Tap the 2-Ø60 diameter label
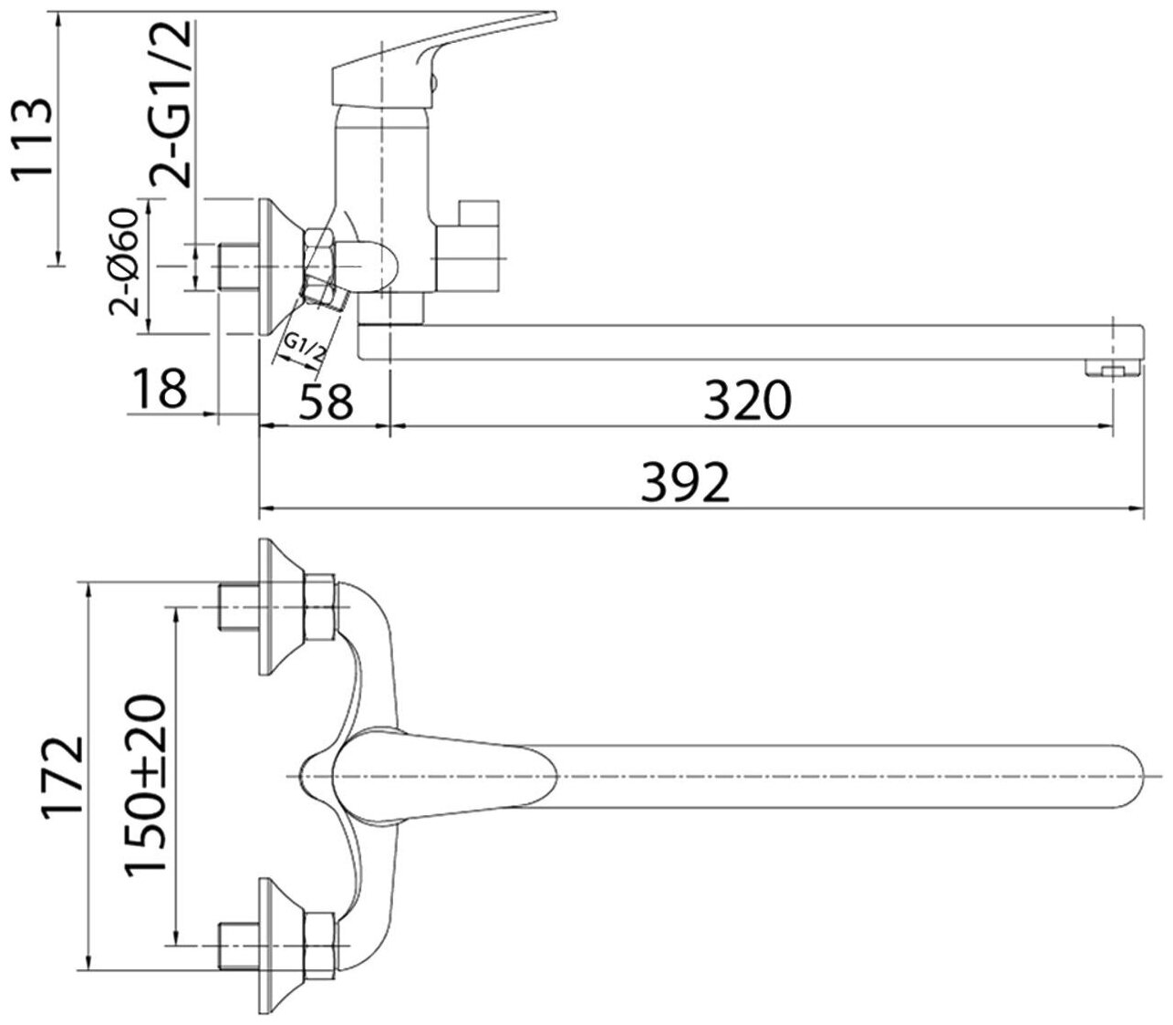pyautogui.click(x=126, y=262)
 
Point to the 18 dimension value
pyautogui.click(x=161, y=388)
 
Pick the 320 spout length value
pyautogui.click(x=747, y=400)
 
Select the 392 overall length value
pyautogui.click(x=685, y=483)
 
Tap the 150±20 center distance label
pyautogui.click(x=145, y=784)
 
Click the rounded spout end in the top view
pyautogui.click(x=1117, y=778)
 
